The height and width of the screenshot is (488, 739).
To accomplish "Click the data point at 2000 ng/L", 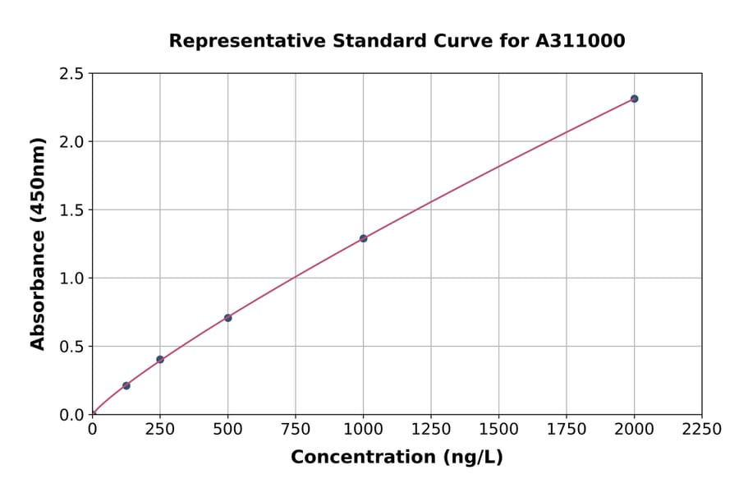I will (x=634, y=99).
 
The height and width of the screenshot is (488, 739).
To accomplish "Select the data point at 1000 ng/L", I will (x=363, y=238).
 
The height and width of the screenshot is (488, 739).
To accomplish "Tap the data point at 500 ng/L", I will (x=227, y=318).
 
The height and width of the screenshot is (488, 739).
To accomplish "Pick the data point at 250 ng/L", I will (x=160, y=359).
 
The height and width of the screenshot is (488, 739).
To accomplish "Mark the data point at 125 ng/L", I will (x=126, y=385).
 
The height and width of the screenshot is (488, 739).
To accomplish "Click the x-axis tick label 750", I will (x=296, y=430).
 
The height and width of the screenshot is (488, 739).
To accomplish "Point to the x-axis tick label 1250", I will (x=431, y=430).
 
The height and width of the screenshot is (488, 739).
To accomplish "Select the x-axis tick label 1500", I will (x=498, y=430).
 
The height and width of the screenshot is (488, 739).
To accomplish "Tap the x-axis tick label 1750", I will (x=567, y=430).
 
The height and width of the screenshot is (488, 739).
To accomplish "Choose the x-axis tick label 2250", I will (x=702, y=430).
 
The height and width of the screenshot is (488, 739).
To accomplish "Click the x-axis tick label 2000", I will (x=634, y=430).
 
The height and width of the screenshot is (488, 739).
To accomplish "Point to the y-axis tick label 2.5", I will (x=71, y=74).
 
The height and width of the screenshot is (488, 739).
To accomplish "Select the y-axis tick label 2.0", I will (x=71, y=142).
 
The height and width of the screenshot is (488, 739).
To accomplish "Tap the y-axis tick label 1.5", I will (x=71, y=210).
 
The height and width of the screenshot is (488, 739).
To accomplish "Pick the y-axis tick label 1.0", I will (x=71, y=279).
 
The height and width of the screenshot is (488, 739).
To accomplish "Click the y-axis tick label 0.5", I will (x=71, y=347).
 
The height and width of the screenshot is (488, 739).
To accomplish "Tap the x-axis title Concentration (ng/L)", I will (x=397, y=457).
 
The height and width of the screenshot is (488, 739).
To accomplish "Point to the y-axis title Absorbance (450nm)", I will (x=38, y=243).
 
